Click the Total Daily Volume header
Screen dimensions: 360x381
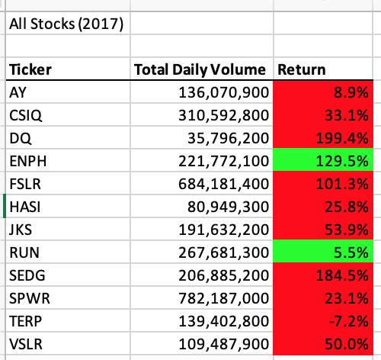200,70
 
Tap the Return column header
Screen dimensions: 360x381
302,70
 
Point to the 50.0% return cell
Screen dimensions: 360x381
348,345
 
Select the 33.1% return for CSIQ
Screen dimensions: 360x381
348,116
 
